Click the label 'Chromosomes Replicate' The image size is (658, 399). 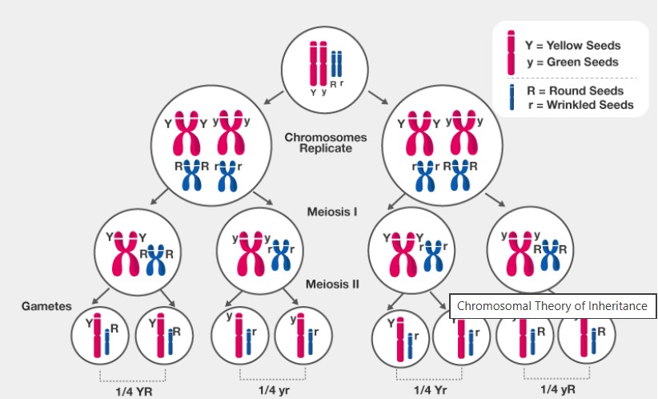[x=325, y=143]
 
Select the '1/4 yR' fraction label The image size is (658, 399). [x=557, y=389]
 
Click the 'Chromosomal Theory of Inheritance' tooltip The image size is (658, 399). [x=552, y=306]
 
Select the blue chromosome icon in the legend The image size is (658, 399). [x=511, y=97]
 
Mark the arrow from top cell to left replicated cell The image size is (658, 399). [x=271, y=97]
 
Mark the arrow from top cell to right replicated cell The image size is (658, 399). [x=376, y=99]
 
